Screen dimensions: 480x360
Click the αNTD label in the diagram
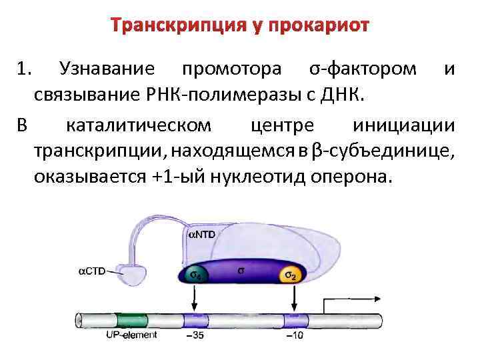tap(203, 235)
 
